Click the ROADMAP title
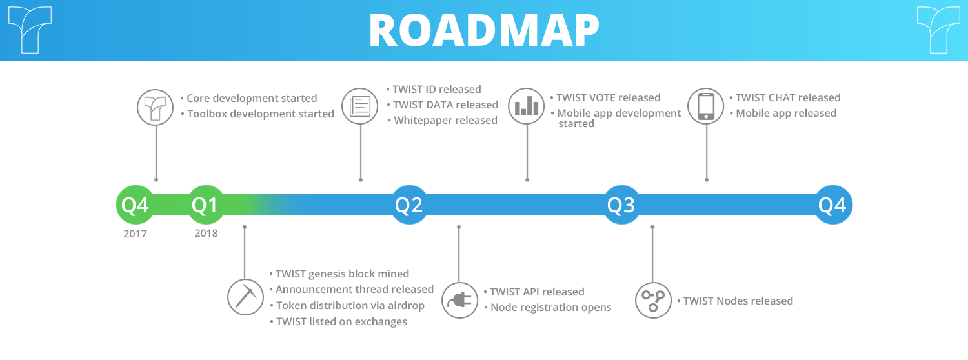click(484, 30)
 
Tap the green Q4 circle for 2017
click(136, 205)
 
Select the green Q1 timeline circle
click(206, 205)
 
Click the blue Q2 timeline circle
click(409, 205)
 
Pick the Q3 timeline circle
click(621, 205)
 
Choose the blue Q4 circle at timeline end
click(833, 205)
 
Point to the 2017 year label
click(136, 234)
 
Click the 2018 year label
click(206, 234)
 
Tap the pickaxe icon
click(245, 297)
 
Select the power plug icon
click(459, 300)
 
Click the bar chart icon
click(527, 106)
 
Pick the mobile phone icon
click(706, 106)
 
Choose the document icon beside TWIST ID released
click(360, 106)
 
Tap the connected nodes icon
click(653, 300)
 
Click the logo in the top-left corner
click(30, 30)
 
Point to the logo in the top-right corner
click(938, 30)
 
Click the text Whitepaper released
click(445, 120)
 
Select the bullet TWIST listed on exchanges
click(338, 321)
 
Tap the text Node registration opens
click(551, 307)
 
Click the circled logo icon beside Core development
click(155, 107)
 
